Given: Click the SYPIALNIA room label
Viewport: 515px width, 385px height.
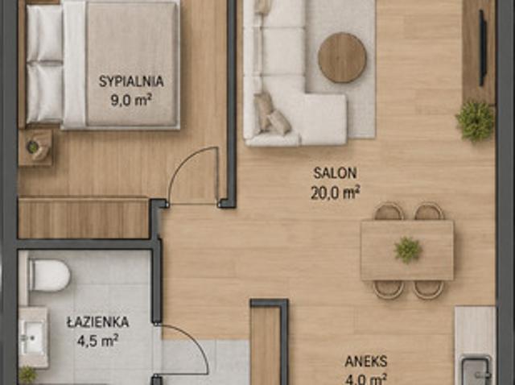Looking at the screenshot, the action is (x=131, y=81).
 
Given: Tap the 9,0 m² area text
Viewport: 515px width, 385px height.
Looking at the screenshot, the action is (x=131, y=100).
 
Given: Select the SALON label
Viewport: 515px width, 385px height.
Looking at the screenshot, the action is (x=335, y=173).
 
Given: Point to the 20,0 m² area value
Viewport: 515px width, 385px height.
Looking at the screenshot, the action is (x=335, y=192).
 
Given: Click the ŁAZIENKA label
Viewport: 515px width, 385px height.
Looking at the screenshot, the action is (x=98, y=321).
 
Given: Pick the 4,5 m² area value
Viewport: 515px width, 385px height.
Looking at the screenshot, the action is (x=97, y=341).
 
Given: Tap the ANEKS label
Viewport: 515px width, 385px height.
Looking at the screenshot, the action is (x=366, y=362).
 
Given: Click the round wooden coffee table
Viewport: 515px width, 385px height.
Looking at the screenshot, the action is (x=342, y=57).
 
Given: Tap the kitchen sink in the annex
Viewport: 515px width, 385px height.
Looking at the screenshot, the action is (x=476, y=370).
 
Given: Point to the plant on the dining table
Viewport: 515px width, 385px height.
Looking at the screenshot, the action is (x=408, y=250).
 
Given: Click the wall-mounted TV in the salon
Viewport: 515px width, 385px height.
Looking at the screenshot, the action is (x=482, y=48).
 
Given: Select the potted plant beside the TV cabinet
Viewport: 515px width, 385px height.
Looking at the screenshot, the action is (x=475, y=121).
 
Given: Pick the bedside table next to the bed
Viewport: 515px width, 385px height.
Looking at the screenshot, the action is (x=35, y=147).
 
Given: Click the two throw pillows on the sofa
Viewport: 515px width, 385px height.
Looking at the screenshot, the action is (x=272, y=114).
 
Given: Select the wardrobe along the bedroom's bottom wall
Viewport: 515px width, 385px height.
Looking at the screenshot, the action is (x=84, y=217).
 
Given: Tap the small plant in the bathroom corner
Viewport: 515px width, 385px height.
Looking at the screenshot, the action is (x=27, y=375).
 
